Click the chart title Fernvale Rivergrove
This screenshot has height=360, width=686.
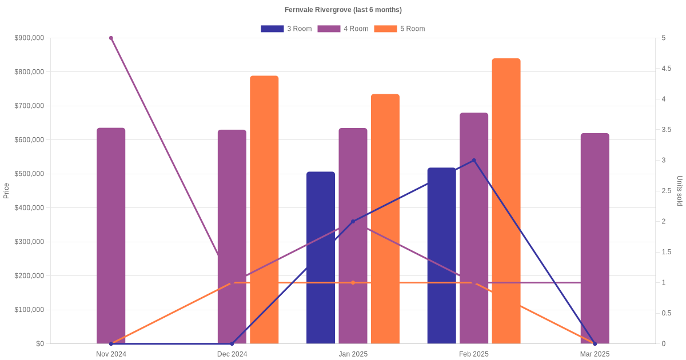click(343, 10)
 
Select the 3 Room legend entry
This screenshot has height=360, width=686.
click(286, 29)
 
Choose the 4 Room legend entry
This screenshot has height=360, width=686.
click(342, 29)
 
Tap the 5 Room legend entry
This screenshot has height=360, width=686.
click(399, 29)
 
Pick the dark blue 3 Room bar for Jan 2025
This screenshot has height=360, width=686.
click(321, 257)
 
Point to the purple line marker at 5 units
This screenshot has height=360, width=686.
click(111, 38)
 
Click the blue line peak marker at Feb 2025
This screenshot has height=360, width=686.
click(474, 161)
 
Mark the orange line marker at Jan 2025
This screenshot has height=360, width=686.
click(353, 283)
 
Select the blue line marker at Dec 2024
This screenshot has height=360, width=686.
click(232, 343)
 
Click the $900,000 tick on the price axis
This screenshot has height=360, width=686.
click(29, 38)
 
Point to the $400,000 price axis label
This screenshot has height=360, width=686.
click(29, 208)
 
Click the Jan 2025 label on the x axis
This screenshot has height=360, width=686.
click(353, 354)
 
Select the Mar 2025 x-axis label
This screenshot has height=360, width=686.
click(595, 354)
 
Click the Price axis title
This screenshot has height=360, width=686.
click(6, 191)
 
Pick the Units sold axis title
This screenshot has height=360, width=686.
click(680, 191)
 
